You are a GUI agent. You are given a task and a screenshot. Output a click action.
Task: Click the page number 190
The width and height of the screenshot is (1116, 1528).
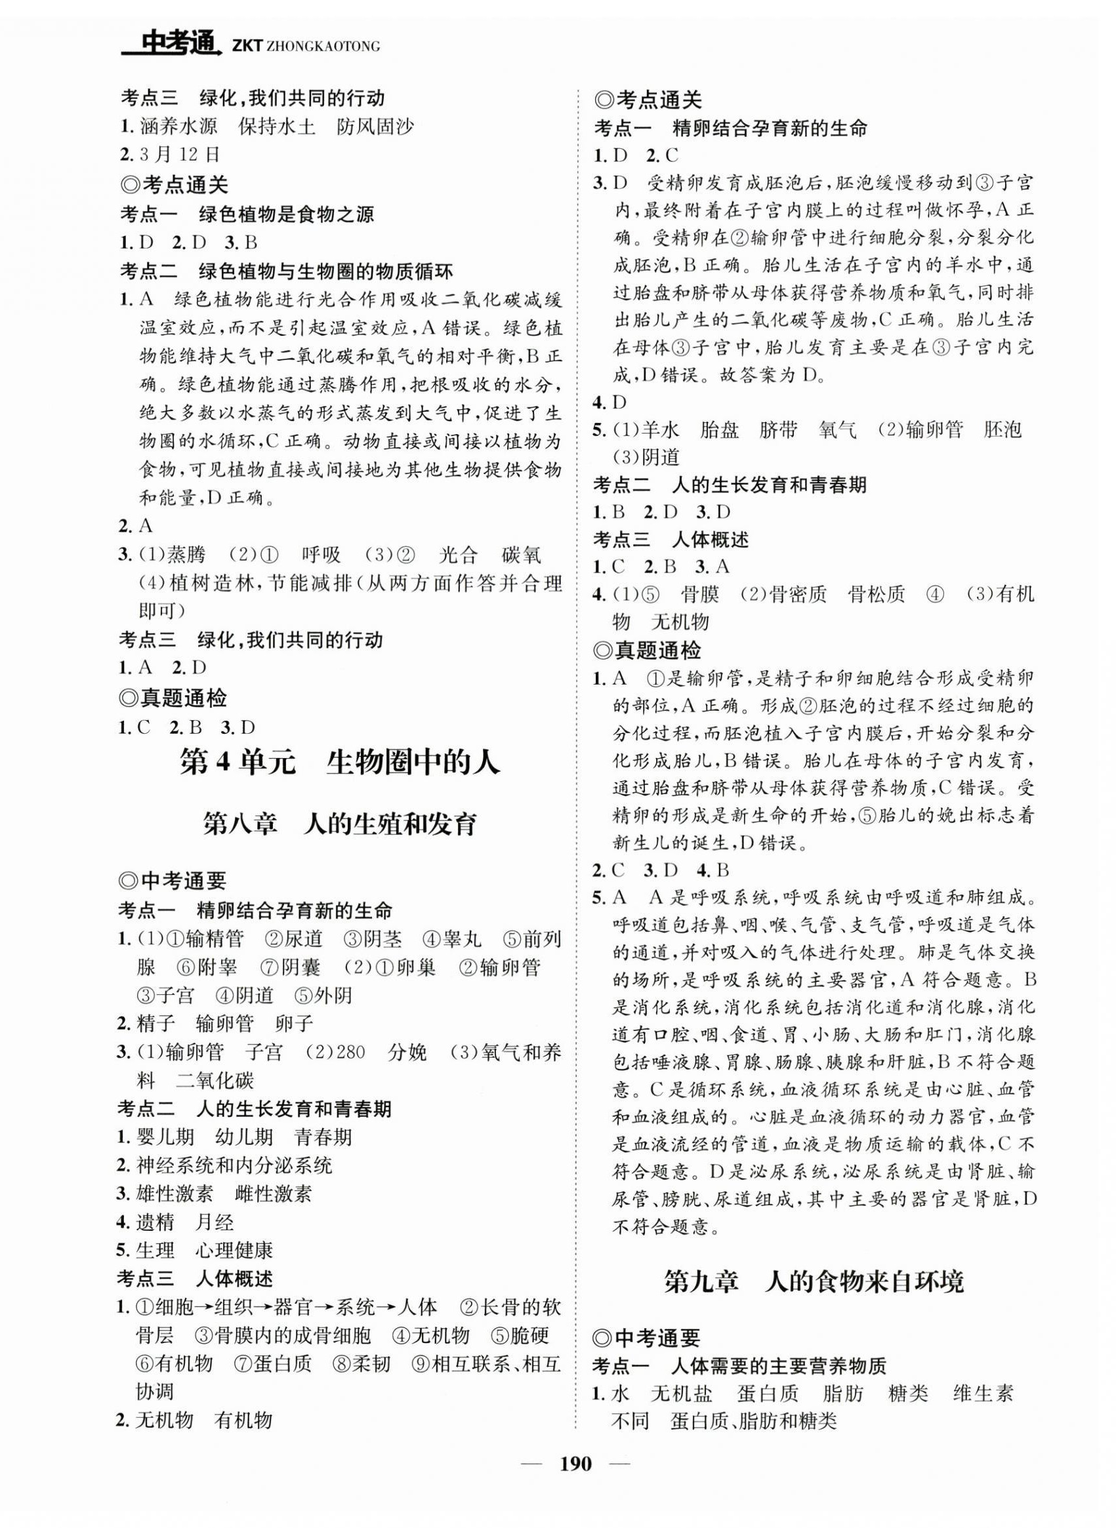575,1483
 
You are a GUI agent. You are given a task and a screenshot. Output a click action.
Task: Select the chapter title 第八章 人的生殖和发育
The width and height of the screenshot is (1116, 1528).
340,824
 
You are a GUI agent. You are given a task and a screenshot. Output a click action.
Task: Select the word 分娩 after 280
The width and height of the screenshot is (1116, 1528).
407,1052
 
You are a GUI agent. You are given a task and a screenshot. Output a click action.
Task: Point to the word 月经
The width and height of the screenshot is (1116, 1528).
213,1222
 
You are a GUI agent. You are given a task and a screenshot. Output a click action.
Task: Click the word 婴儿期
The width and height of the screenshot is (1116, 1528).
165,1137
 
